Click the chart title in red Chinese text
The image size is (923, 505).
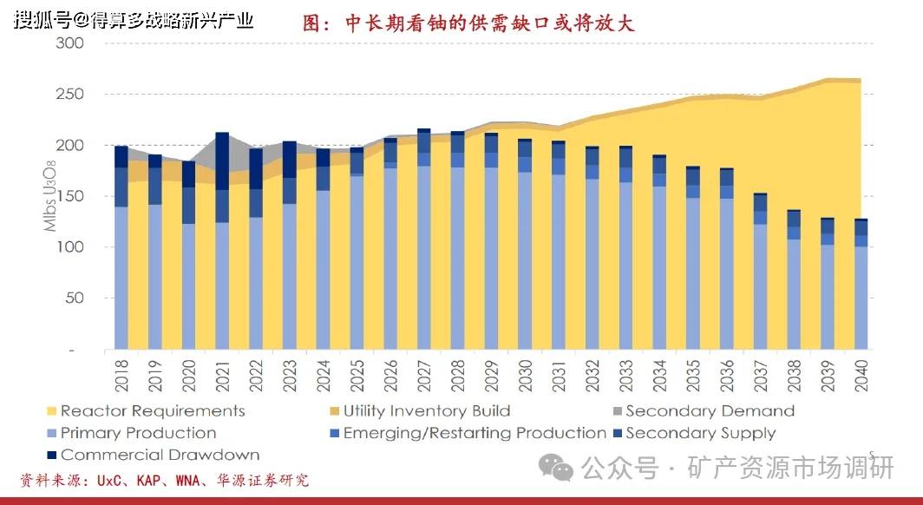pos(468,23)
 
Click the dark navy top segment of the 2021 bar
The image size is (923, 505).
pos(222,161)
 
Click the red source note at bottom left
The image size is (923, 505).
pos(165,480)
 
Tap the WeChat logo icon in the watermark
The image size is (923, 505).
pos(556,469)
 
